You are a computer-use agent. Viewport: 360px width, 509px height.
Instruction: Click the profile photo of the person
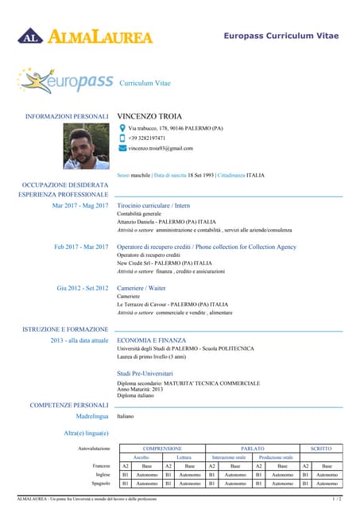(86, 146)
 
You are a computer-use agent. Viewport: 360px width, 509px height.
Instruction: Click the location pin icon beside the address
(122, 128)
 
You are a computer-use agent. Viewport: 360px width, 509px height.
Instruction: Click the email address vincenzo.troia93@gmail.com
(161, 149)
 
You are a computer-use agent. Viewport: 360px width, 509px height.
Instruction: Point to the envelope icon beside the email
(122, 149)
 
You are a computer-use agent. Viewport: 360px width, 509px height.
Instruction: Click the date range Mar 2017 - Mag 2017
(79, 206)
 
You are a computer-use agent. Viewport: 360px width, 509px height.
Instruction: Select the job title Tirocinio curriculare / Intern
(153, 206)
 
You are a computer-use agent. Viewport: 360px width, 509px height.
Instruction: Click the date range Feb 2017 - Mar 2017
(81, 247)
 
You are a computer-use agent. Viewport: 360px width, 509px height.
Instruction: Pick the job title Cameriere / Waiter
(141, 288)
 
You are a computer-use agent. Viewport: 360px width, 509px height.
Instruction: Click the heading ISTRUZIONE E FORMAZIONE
(66, 328)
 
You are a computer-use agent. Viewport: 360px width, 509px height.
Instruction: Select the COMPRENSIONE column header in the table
(162, 449)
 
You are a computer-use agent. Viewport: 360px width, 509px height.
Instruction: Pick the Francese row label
(101, 465)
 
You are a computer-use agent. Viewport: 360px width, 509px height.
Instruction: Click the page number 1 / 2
(336, 499)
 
